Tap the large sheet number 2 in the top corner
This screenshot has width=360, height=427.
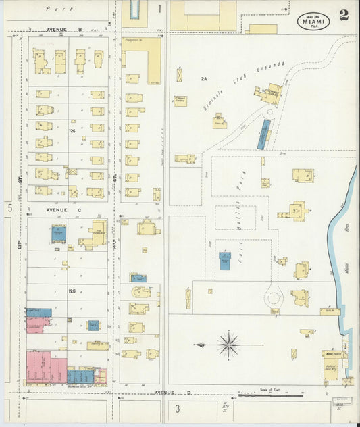[x=344, y=16]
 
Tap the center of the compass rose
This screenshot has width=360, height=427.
[x=229, y=345]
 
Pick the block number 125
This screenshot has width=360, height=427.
[x=71, y=291]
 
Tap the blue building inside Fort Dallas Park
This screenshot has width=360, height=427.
[x=225, y=261]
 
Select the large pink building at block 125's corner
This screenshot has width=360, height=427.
[x=45, y=369]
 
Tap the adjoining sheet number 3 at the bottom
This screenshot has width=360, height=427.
[x=178, y=409]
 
